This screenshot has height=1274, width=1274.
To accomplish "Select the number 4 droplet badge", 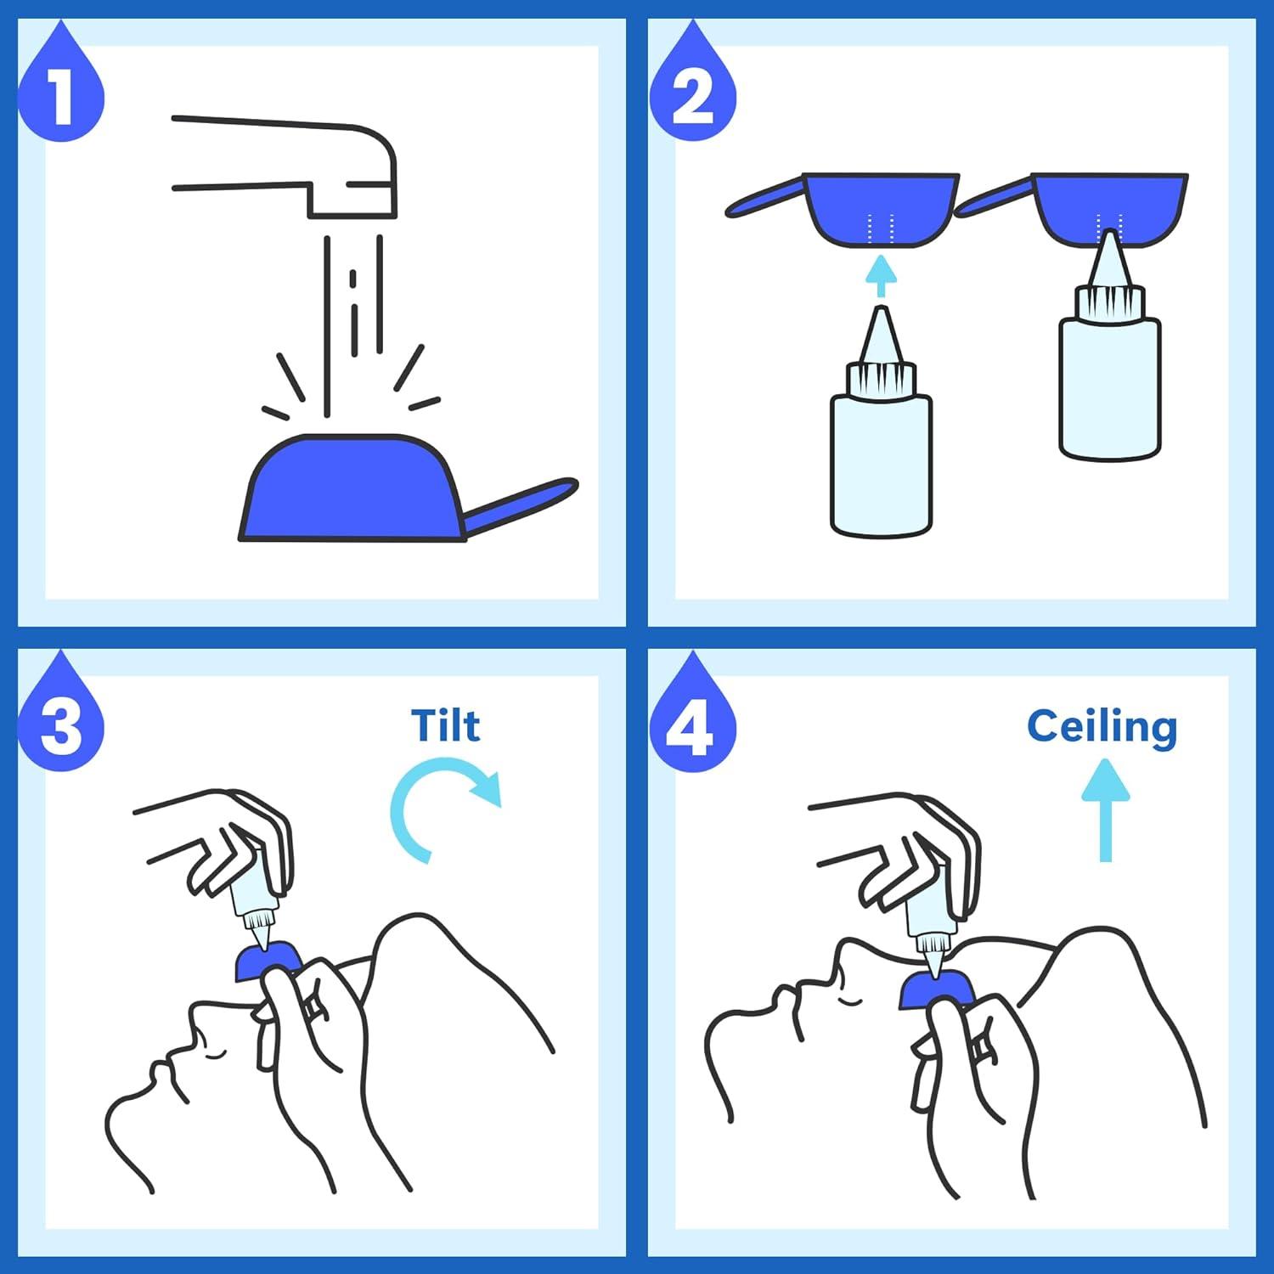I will click(x=692, y=728).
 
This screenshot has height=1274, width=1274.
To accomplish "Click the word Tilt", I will click(x=445, y=726).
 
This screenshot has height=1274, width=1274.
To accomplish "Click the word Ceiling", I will click(x=1102, y=727).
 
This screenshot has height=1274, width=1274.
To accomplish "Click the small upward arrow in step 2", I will click(x=881, y=276).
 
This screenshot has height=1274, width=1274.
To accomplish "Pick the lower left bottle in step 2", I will click(x=881, y=459).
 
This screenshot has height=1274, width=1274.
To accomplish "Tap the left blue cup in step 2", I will click(x=879, y=208).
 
